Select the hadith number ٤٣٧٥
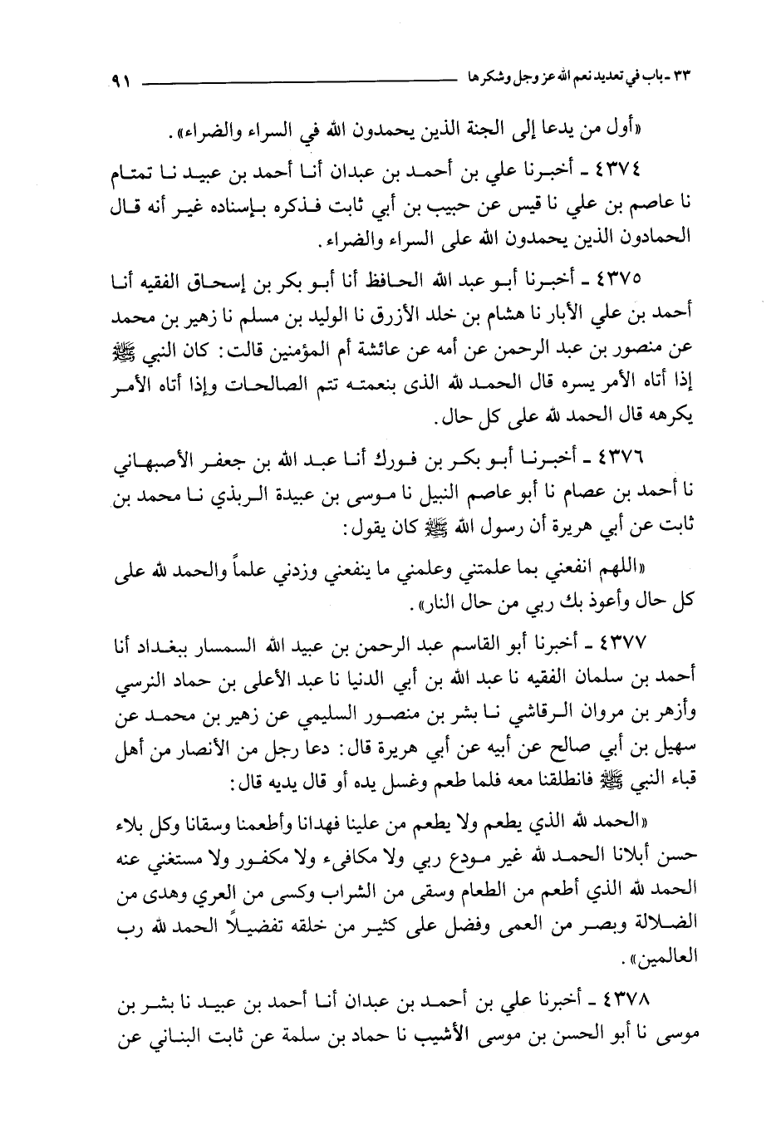point(644,276)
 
